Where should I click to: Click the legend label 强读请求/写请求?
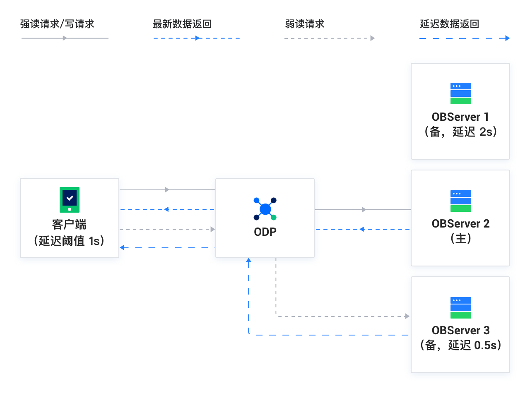[57, 24]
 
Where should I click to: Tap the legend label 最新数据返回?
[182, 24]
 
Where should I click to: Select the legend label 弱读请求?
[305, 24]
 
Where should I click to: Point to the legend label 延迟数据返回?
[450, 24]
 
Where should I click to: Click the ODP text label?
[265, 232]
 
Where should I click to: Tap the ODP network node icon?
[265, 209]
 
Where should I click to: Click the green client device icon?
[70, 200]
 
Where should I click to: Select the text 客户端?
[69, 225]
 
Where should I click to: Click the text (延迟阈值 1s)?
[69, 241]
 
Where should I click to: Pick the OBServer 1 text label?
[460, 117]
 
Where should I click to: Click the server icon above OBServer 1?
[461, 93]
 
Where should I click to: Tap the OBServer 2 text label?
[461, 224]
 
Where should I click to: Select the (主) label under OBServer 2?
[461, 239]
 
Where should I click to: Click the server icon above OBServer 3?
[461, 308]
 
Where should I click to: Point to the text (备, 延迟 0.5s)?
[461, 345]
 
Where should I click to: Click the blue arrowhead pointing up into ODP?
[248, 260]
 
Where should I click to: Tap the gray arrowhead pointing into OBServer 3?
[407, 316]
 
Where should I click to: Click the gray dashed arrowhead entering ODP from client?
[213, 230]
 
